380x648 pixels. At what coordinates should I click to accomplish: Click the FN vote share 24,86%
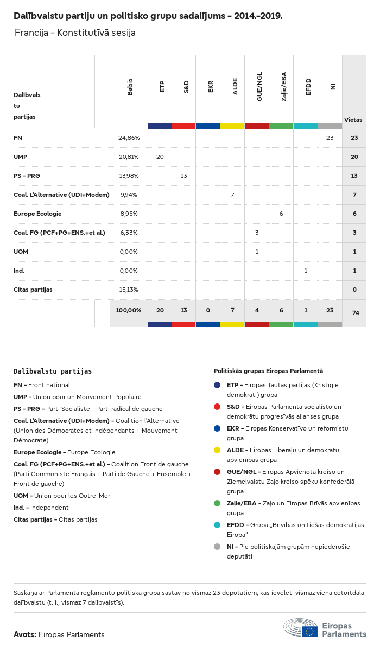[x=129, y=138]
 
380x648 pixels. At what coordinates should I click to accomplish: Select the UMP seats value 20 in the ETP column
[x=160, y=157]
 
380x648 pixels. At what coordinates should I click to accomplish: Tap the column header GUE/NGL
[x=259, y=87]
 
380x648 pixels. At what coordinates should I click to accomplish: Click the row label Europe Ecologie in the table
[x=37, y=214]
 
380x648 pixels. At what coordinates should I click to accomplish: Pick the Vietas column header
[x=353, y=120]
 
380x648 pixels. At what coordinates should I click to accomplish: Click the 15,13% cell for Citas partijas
[x=129, y=290]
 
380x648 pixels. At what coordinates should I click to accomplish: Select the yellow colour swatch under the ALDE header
[x=232, y=126]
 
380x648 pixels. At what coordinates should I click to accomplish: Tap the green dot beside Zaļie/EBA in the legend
[x=217, y=504]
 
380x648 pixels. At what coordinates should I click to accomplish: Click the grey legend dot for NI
[x=217, y=546]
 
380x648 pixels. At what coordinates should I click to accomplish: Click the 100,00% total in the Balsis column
[x=129, y=310]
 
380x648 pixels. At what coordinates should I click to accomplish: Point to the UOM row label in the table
[x=21, y=252]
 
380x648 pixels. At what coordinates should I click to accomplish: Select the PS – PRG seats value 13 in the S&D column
[x=184, y=176]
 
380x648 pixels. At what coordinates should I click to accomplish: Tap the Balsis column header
[x=130, y=87]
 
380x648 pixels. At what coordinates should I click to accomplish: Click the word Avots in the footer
[x=24, y=634]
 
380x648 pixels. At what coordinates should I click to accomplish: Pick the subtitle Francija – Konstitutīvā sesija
[x=75, y=33]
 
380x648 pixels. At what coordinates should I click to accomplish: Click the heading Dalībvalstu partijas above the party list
[x=53, y=371]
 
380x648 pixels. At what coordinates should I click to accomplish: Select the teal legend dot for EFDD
[x=217, y=525]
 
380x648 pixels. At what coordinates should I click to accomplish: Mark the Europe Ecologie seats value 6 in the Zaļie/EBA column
[x=281, y=214]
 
